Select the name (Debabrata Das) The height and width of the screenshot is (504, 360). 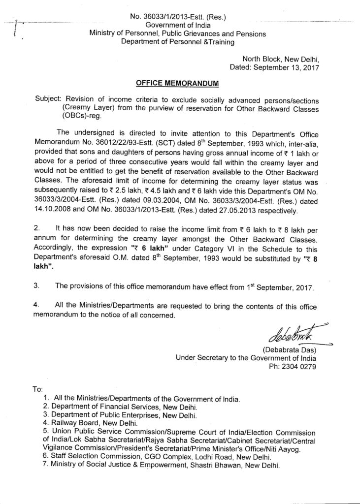(x=289, y=350)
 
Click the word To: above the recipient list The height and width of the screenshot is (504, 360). (x=37, y=389)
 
